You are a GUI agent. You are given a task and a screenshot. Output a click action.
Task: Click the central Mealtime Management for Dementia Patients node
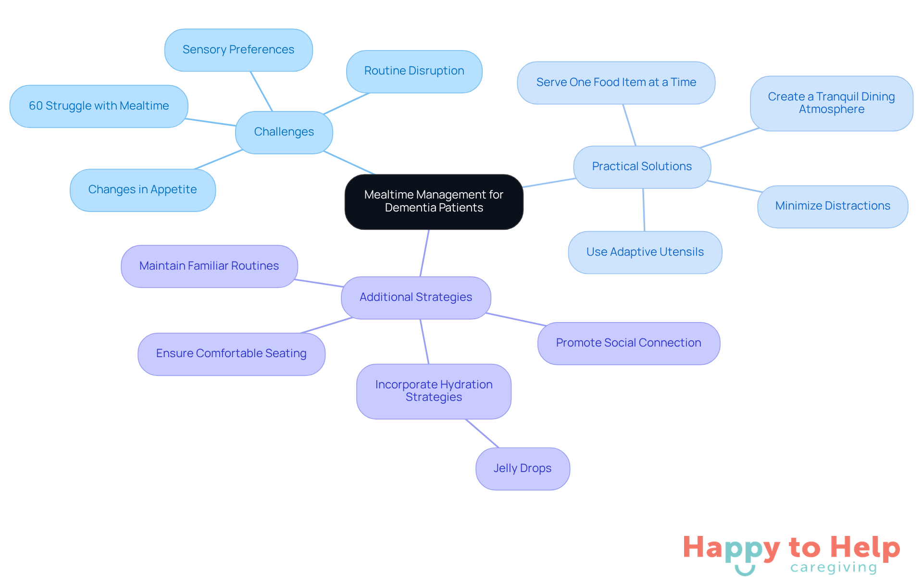coord(434,201)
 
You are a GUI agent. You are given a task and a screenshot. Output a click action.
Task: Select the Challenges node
coord(284,132)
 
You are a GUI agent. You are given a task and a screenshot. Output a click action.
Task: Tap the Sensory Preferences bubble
coord(238,50)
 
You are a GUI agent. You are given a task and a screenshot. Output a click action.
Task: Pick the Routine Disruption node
coord(414,71)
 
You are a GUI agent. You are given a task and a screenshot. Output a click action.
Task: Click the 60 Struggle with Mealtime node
coord(99,106)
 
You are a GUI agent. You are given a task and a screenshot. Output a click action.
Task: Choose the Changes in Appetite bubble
coord(142,190)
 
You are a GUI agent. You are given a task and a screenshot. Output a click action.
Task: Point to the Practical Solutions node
coord(642,167)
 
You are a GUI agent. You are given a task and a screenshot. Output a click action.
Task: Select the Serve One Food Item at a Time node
coord(616,83)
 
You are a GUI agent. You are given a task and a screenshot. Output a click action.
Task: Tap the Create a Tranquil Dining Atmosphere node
coord(831,103)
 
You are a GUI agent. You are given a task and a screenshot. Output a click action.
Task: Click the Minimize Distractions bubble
coord(832,206)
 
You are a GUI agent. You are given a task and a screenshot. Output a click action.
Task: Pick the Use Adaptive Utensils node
coord(645,252)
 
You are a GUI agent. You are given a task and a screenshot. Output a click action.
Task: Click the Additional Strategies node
coord(416,298)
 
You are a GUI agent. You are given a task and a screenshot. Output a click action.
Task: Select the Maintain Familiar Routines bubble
coord(209,266)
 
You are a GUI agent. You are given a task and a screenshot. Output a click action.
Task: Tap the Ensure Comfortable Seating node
coord(231,354)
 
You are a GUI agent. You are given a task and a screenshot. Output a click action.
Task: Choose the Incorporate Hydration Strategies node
coord(434,391)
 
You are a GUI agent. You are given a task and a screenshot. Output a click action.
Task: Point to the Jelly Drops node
coord(523,469)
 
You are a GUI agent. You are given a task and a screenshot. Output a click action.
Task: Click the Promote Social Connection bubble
coord(628,343)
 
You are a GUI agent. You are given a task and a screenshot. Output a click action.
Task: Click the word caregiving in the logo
coord(834,568)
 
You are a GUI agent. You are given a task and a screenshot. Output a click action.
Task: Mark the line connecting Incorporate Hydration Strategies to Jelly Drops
coord(482,434)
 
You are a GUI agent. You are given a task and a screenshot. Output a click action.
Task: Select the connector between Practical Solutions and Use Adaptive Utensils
coord(644,210)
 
